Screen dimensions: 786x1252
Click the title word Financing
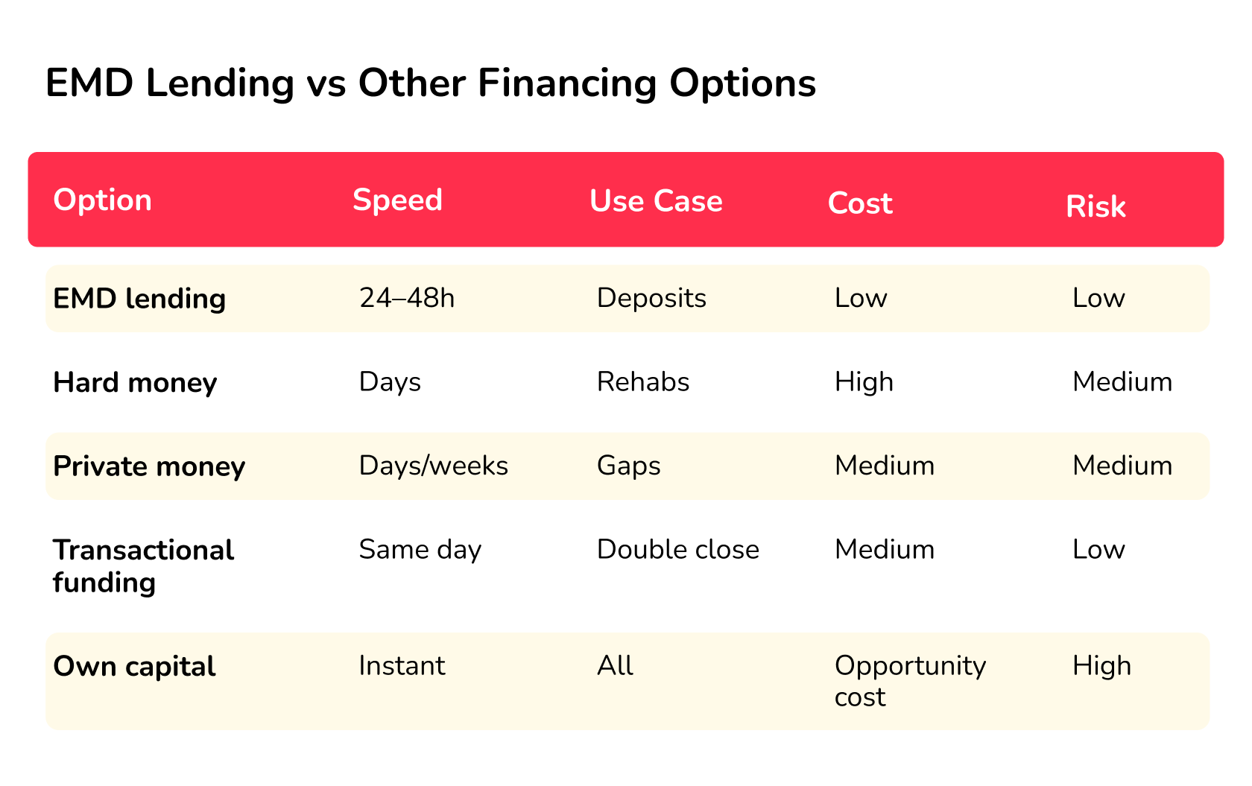click(x=567, y=83)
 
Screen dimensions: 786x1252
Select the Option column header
click(x=103, y=200)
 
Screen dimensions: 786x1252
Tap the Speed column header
click(x=397, y=200)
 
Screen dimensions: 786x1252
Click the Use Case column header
click(x=656, y=201)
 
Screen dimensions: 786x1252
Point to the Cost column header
click(x=860, y=203)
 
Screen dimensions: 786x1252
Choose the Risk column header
click(x=1095, y=206)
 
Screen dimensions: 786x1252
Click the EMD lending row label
click(x=139, y=299)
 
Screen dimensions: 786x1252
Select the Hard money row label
click(x=135, y=382)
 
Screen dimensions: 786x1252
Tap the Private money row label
click(x=149, y=466)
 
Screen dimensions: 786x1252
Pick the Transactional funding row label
click(x=143, y=565)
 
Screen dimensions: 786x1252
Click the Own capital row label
click(x=134, y=666)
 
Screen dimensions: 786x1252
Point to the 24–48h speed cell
click(x=407, y=298)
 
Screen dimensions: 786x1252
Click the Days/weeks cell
click(x=433, y=466)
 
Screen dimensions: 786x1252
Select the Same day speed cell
click(x=420, y=550)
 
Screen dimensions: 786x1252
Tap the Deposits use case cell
click(x=651, y=298)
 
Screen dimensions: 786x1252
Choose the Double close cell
click(x=678, y=550)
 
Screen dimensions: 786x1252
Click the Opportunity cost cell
click(x=910, y=681)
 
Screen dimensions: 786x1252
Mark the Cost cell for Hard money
click(x=864, y=382)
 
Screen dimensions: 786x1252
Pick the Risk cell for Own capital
click(x=1101, y=666)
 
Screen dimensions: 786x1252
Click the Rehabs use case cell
click(x=643, y=382)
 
